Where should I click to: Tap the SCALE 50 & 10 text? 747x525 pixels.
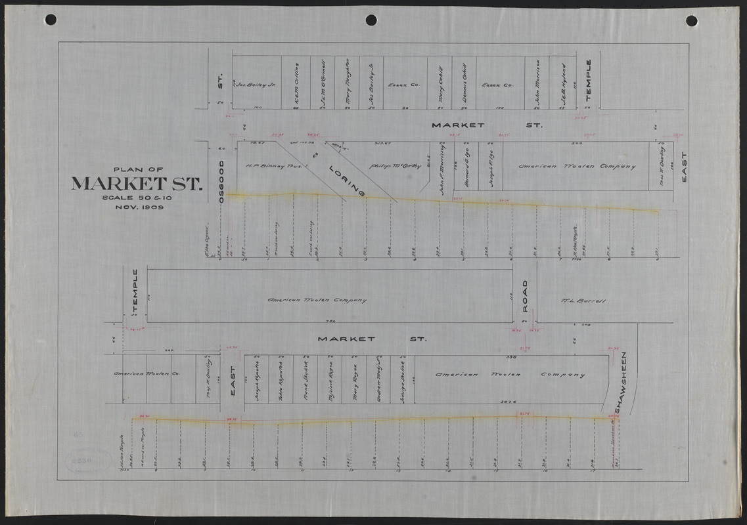(x=137, y=197)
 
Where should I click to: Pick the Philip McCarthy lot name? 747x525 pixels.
(x=393, y=167)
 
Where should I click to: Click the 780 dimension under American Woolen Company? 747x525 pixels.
(x=331, y=321)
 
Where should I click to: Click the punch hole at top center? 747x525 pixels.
(x=371, y=20)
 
